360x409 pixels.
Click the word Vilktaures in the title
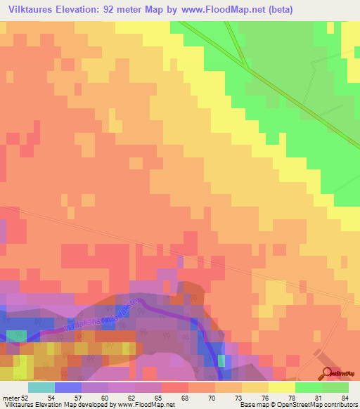click(33, 10)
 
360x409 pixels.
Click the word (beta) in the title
click(270, 10)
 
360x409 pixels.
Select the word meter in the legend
click(11, 398)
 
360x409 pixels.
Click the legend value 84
click(345, 398)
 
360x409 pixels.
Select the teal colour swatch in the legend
click(41, 387)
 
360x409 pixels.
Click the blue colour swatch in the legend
click(67, 387)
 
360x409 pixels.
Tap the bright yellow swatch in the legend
click(281, 387)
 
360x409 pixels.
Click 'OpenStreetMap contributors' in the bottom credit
click(320, 405)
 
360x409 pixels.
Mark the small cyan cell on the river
click(221, 361)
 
